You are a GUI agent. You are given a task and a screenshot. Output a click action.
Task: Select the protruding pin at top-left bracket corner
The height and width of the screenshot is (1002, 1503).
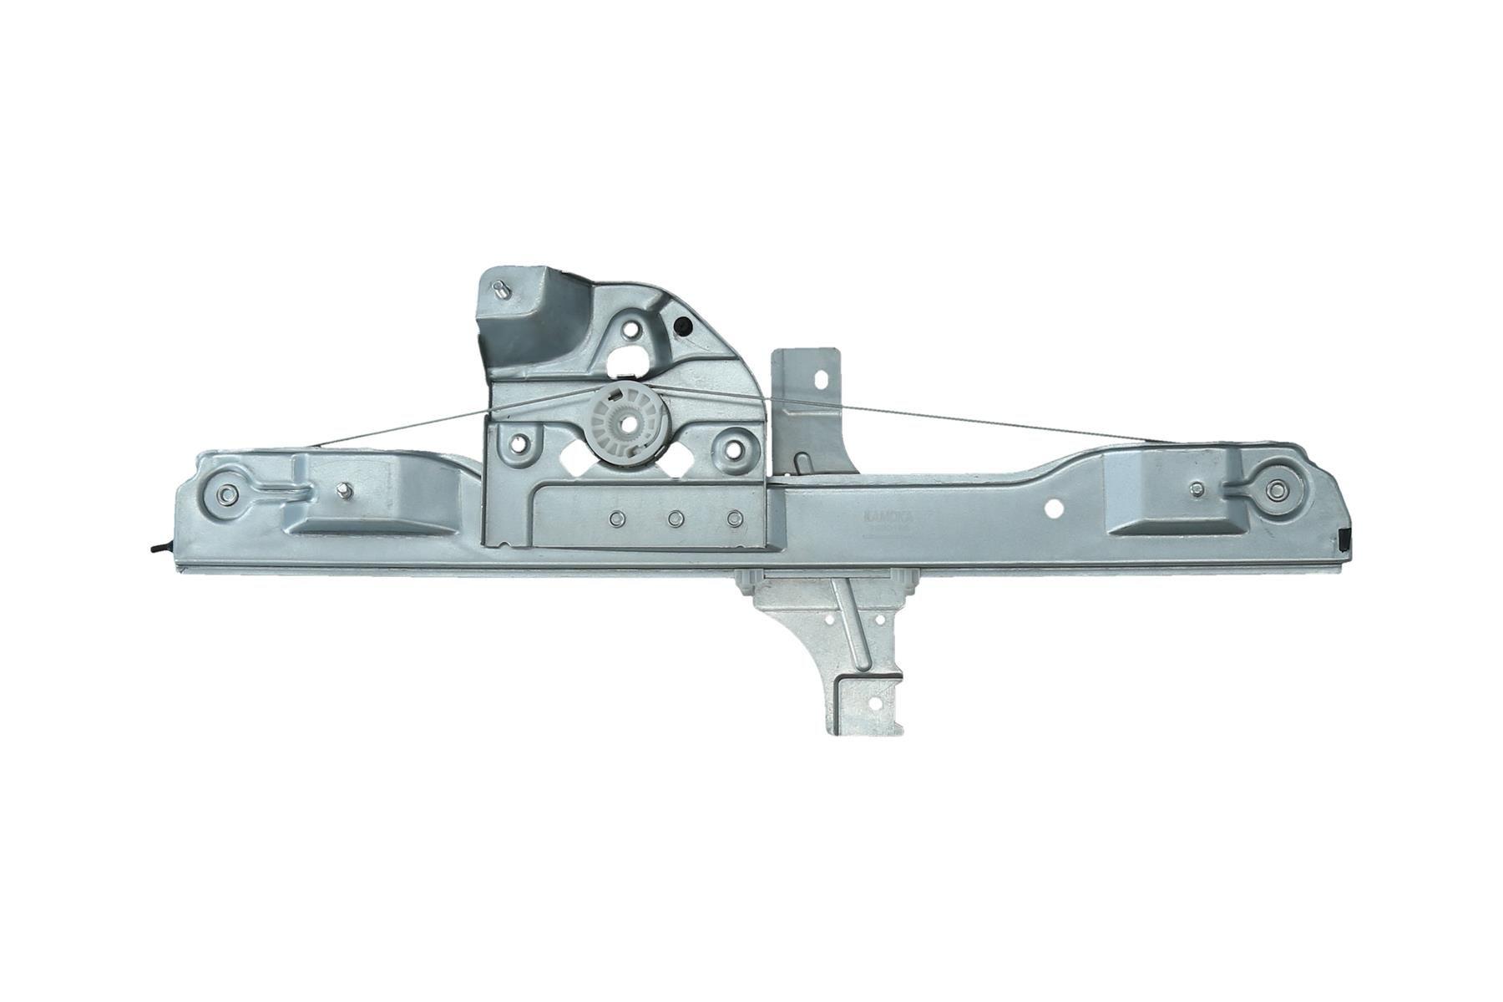click(500, 288)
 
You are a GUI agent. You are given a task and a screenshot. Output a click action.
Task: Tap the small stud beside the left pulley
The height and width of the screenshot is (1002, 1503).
click(344, 493)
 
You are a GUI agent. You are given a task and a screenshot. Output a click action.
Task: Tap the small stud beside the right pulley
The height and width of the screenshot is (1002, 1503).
click(1197, 488)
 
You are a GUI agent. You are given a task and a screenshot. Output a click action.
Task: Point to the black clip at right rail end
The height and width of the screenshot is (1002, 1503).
click(1344, 539)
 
